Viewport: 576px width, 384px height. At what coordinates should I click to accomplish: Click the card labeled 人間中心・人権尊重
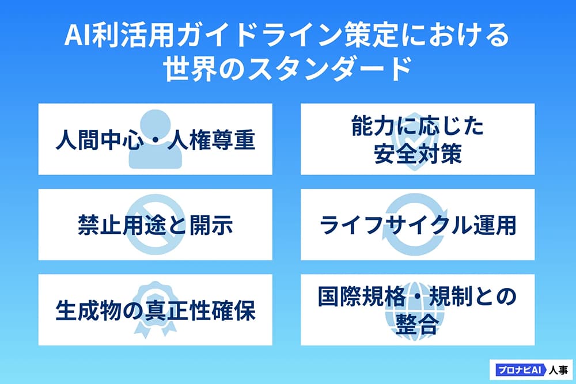point(155,139)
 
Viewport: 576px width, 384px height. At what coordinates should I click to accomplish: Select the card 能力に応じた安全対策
point(417,139)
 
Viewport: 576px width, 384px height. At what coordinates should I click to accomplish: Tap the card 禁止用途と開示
point(155,225)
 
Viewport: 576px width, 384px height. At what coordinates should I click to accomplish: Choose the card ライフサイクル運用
point(417,225)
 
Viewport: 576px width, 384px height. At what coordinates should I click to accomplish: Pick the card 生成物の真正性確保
point(155,310)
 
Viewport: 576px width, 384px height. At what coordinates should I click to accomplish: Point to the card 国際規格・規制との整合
point(417,310)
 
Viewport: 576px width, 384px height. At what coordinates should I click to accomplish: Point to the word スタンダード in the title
point(329,69)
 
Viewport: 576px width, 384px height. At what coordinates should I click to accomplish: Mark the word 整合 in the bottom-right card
point(417,324)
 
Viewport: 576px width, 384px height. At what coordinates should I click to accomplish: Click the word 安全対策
point(418,154)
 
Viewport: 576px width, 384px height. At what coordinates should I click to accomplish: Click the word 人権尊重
point(211,139)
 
